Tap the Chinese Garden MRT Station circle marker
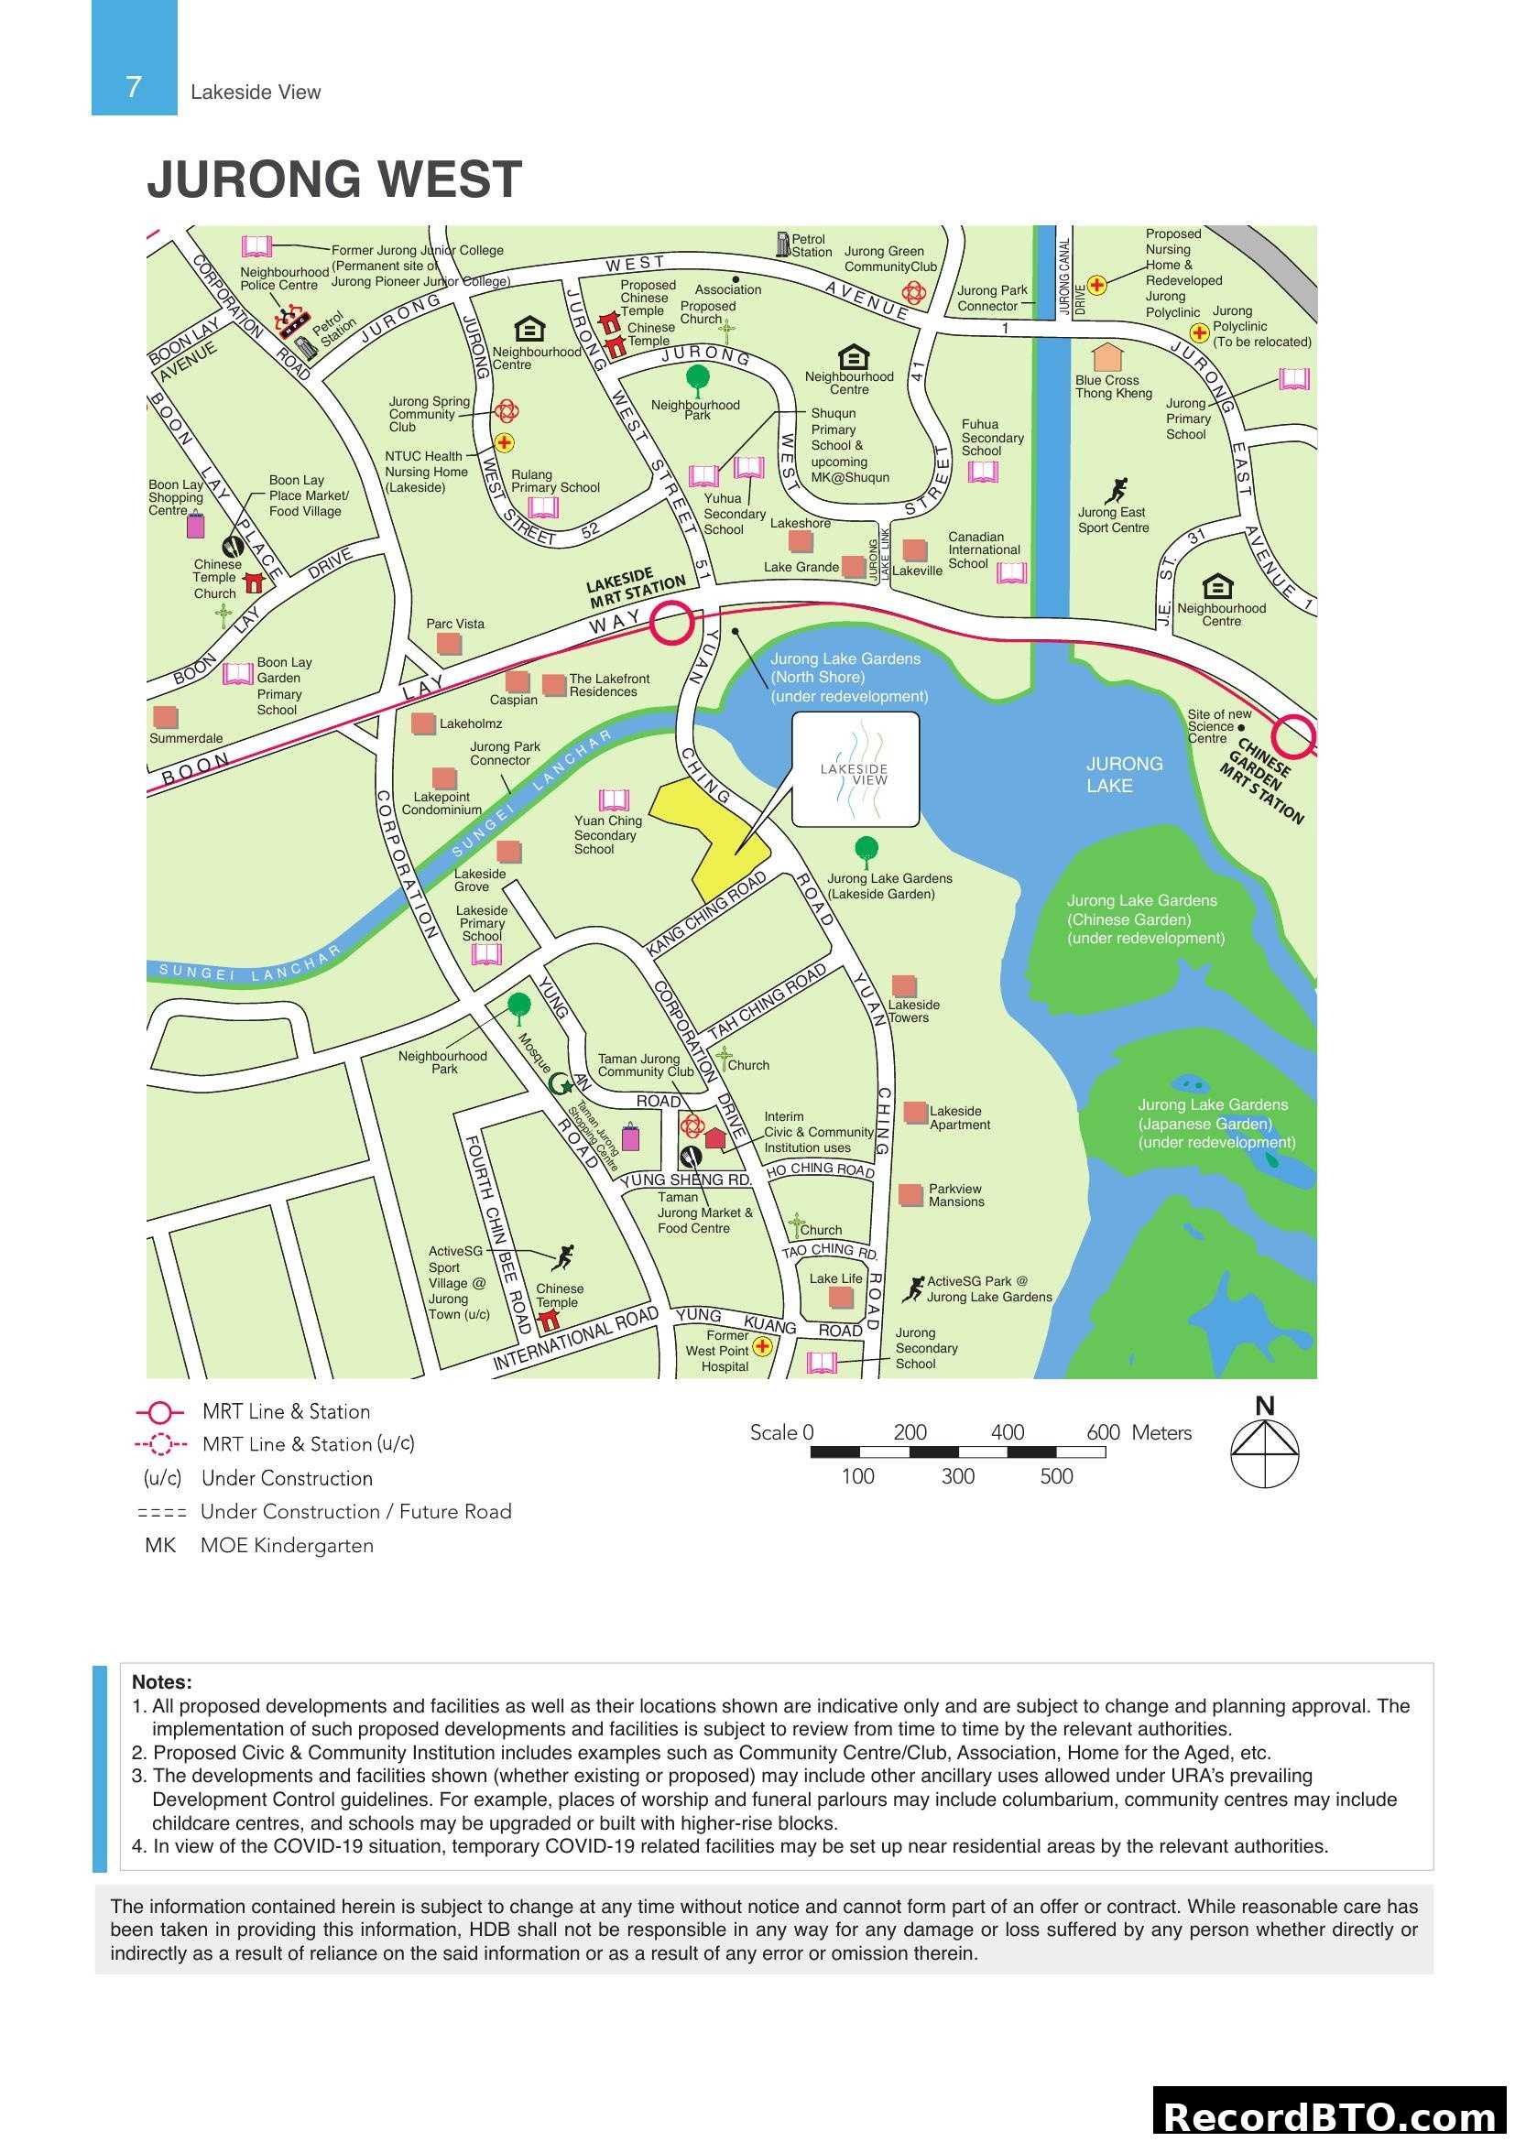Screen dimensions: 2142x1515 (1295, 735)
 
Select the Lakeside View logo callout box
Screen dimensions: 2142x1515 (855, 768)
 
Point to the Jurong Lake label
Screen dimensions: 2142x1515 (1123, 775)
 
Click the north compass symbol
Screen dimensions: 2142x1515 (1264, 1452)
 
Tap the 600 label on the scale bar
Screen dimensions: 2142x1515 (1103, 1432)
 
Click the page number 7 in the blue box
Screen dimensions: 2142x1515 (134, 87)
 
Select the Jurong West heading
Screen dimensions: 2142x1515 (334, 179)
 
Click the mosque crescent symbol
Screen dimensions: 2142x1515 (559, 1083)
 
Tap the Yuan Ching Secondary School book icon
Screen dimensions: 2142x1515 (613, 799)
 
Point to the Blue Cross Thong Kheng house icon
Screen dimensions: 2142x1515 (1107, 357)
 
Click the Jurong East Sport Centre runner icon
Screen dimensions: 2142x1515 (1117, 490)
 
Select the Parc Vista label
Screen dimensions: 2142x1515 (455, 624)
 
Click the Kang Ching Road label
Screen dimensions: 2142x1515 (706, 912)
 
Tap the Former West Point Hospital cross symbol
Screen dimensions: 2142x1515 (762, 1346)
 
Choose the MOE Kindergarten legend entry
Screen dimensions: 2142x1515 (258, 1546)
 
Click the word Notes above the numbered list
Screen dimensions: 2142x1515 (161, 1682)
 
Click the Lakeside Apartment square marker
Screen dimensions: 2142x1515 (915, 1111)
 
